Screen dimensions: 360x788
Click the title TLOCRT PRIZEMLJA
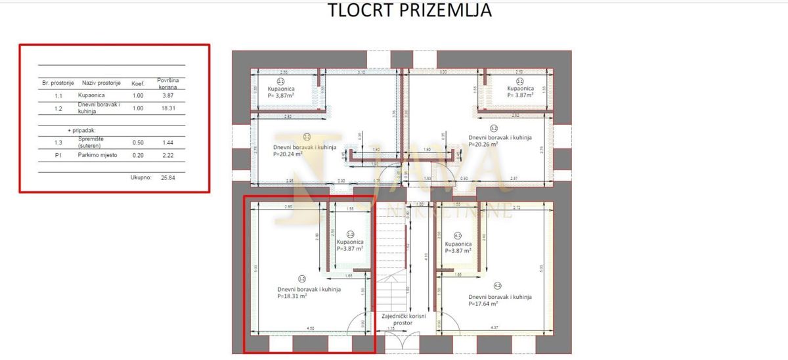409,11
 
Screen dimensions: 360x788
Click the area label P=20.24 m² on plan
287,154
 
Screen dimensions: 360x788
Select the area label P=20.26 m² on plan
489,145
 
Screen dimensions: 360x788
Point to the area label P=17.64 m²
489,304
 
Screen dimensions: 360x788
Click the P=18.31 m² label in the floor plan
297,296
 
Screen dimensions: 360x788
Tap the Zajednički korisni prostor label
404,320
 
